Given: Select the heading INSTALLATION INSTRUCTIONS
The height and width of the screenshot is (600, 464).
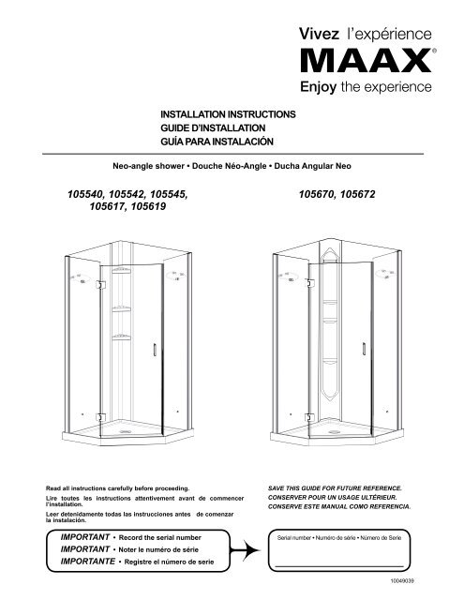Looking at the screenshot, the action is click(230, 112).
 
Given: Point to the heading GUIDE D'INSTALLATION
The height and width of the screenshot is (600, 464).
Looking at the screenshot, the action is click(215, 127).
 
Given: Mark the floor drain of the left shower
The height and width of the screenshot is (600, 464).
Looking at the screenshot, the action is click(127, 431).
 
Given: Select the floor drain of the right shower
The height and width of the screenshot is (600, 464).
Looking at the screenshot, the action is click(332, 431).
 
